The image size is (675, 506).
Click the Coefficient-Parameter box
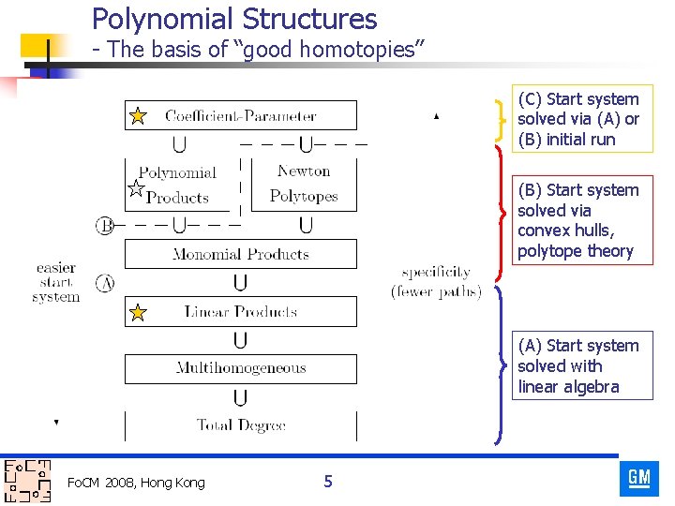click(x=241, y=115)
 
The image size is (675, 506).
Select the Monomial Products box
click(x=241, y=254)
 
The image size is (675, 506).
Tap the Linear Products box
click(x=241, y=312)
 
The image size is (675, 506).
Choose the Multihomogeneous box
click(x=241, y=368)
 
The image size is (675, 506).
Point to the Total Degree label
click(x=241, y=425)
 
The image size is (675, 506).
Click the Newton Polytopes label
click(x=304, y=184)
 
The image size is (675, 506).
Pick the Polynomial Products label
click(x=177, y=185)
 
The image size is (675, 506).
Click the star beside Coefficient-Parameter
click(x=138, y=116)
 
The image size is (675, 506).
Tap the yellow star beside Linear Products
click(x=138, y=312)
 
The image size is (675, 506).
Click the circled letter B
click(x=105, y=225)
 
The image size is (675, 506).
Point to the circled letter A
click(x=105, y=282)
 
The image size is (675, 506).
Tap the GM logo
click(x=639, y=478)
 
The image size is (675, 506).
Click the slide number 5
click(x=327, y=482)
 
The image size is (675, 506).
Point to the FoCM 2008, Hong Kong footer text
click(x=136, y=483)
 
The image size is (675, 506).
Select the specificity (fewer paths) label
click(x=436, y=282)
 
